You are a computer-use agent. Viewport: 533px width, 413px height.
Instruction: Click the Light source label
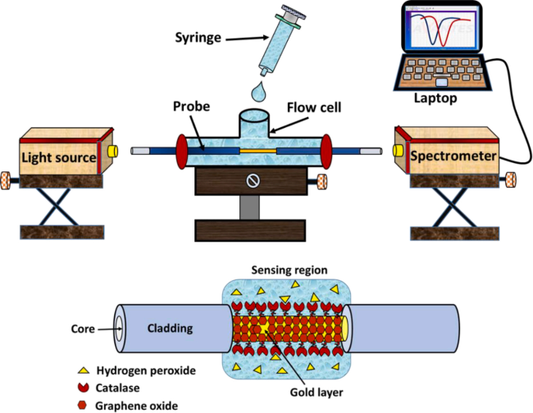coord(56,156)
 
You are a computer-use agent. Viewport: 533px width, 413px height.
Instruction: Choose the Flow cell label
coord(314,107)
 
